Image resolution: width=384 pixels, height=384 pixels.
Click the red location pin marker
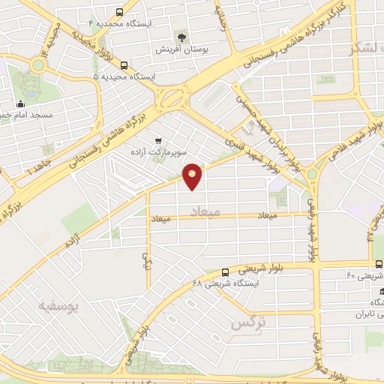pos(193,175)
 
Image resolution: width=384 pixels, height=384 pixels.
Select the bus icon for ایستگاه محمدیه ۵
pos(124,65)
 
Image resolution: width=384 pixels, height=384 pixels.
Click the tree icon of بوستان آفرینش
pos(181,36)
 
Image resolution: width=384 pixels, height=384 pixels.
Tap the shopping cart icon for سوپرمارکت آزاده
pos(158,140)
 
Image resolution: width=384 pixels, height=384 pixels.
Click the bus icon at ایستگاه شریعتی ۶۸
pos(226,272)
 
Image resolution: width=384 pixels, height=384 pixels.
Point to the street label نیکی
pos(145,260)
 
